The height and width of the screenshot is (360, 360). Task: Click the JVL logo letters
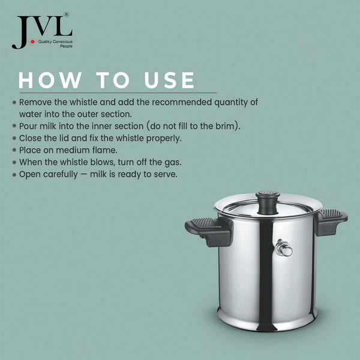click(41, 31)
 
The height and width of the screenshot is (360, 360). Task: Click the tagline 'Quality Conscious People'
click(55, 43)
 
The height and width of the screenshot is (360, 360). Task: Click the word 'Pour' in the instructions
click(29, 126)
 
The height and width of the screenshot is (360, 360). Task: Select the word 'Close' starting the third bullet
click(31, 138)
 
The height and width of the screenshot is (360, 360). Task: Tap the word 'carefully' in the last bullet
click(63, 175)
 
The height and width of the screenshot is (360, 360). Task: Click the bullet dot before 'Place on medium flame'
click(14, 150)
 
